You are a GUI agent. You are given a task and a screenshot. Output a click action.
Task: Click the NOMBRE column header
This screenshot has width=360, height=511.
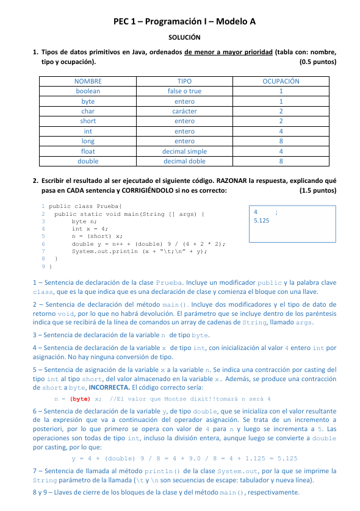coord(88,80)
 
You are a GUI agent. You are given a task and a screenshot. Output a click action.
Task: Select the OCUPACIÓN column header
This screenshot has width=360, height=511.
coord(281,80)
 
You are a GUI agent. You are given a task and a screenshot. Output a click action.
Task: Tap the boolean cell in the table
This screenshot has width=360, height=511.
coord(88,91)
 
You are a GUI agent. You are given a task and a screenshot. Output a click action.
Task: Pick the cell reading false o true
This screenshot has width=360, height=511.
coord(184,91)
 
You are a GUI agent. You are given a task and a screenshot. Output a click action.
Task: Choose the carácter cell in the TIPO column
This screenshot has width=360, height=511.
coord(184,111)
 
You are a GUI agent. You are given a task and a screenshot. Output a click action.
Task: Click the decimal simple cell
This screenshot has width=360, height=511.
coord(184,151)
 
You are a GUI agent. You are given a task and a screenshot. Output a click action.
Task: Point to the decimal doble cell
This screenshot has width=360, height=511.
coord(184,161)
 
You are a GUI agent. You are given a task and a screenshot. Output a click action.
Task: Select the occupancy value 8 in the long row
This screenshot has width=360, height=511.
coord(281,141)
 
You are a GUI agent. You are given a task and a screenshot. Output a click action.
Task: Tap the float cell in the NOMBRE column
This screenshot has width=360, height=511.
coord(88,151)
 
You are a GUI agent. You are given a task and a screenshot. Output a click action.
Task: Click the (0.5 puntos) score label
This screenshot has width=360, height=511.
coord(318,62)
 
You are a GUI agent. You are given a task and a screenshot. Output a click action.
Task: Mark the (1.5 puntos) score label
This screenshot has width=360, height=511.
coord(318,190)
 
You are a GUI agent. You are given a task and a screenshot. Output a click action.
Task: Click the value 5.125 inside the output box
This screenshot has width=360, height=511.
coord(261,221)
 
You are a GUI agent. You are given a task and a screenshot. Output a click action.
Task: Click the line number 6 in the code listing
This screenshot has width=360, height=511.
coord(43,243)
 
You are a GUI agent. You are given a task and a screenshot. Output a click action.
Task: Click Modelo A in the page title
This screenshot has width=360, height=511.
coord(234,21)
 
